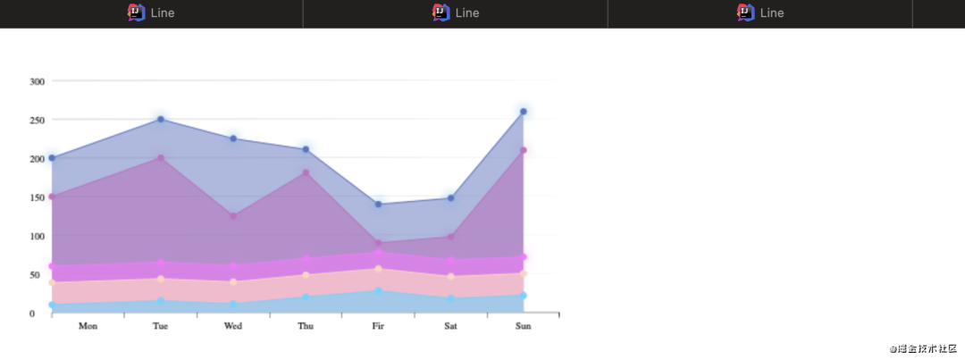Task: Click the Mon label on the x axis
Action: click(x=88, y=326)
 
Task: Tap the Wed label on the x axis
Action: click(x=233, y=326)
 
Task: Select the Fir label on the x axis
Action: click(x=378, y=326)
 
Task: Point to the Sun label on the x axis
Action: click(x=524, y=326)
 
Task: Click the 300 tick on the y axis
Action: click(x=37, y=81)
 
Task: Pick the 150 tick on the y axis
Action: click(x=37, y=197)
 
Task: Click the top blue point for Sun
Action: click(x=524, y=112)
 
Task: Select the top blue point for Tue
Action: click(x=161, y=119)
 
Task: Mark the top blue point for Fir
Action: click(x=378, y=205)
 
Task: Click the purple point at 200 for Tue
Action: click(x=161, y=158)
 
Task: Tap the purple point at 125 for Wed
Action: click(x=233, y=216)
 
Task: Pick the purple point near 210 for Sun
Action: click(x=524, y=150)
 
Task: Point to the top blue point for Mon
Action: click(x=52, y=158)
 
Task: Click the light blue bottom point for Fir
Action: click(x=378, y=291)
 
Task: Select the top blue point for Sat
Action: click(x=451, y=198)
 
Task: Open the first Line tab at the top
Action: click(x=151, y=13)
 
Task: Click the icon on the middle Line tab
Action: click(x=441, y=13)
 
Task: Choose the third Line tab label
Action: click(x=771, y=13)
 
